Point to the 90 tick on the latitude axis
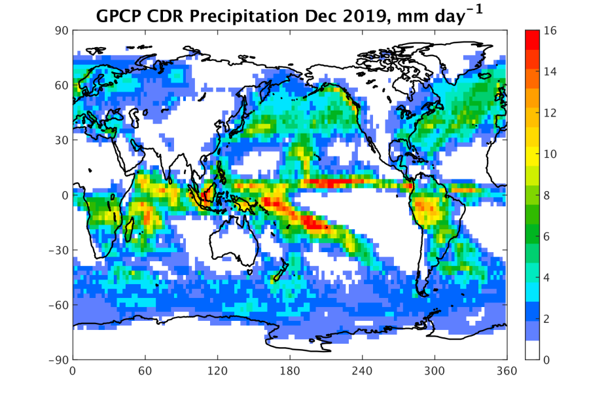[x=63, y=30]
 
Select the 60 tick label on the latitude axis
[x=63, y=85]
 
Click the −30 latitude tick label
[x=59, y=250]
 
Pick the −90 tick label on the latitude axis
[x=59, y=359]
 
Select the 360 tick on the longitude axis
[x=507, y=371]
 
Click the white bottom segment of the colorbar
[x=534, y=350]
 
